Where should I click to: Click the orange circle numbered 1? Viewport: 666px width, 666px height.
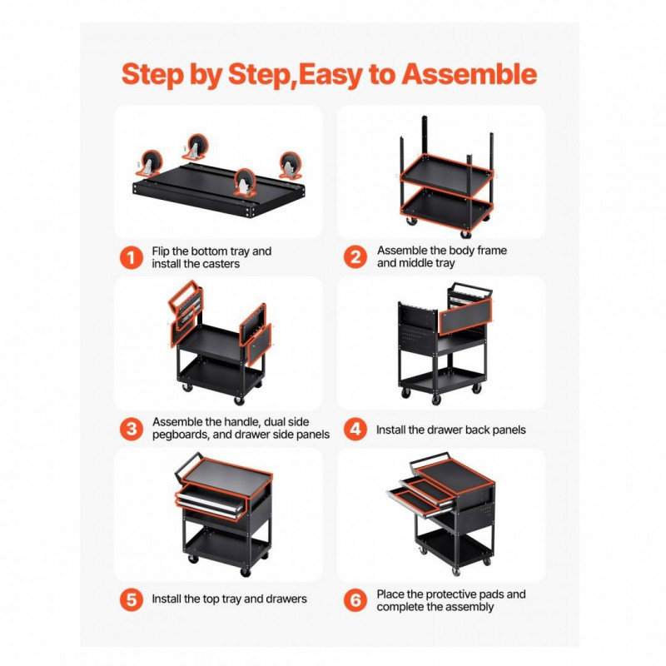(132, 258)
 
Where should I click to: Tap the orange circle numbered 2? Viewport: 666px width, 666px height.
(355, 257)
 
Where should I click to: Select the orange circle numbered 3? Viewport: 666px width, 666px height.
(132, 429)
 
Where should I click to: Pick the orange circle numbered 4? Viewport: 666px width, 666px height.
(355, 429)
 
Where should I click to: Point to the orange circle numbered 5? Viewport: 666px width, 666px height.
(132, 599)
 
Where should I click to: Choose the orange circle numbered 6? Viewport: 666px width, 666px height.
(355, 599)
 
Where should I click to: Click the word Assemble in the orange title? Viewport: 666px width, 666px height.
(470, 74)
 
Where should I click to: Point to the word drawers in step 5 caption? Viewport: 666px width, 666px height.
(286, 599)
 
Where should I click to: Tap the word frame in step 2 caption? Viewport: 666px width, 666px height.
(492, 251)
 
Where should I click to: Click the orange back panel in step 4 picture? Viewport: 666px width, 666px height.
(465, 316)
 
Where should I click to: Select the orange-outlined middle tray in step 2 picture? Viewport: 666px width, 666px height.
(447, 175)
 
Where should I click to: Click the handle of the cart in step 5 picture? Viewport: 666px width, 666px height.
(186, 465)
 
